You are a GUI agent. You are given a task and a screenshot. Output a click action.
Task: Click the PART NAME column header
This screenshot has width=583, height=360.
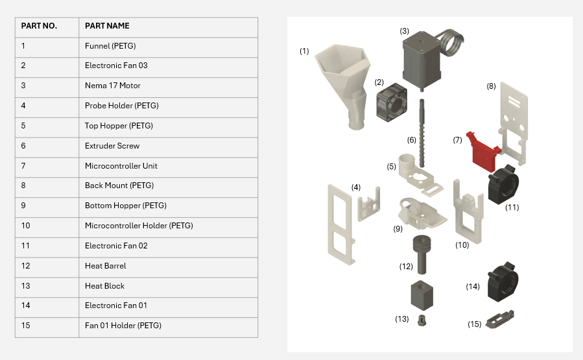(x=107, y=26)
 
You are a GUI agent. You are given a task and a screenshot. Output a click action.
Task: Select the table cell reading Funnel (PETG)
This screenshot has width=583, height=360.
(x=110, y=46)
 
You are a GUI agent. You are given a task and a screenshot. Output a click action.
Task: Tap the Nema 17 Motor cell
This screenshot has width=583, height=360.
(x=113, y=86)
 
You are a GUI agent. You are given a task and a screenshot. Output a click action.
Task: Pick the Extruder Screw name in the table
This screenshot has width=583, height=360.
(x=112, y=146)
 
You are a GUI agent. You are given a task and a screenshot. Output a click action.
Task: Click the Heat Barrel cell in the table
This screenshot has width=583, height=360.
(x=106, y=266)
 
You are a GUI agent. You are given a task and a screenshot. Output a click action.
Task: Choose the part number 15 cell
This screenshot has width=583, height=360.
(x=26, y=326)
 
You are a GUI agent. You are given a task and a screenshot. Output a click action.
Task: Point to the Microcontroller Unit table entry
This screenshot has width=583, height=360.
(x=121, y=166)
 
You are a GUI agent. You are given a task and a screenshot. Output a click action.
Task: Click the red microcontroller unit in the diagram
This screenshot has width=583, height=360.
(x=483, y=151)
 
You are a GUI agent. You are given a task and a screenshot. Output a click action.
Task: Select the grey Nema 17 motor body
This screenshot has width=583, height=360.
(x=421, y=62)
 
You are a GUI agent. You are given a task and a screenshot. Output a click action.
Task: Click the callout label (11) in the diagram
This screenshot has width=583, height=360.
(x=512, y=208)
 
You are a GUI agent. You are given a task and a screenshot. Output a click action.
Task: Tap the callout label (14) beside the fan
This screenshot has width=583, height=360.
(x=473, y=286)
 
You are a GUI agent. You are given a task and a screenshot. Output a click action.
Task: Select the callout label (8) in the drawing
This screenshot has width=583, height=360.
(x=491, y=86)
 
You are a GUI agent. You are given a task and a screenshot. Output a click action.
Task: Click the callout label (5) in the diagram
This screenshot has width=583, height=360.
(x=392, y=167)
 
